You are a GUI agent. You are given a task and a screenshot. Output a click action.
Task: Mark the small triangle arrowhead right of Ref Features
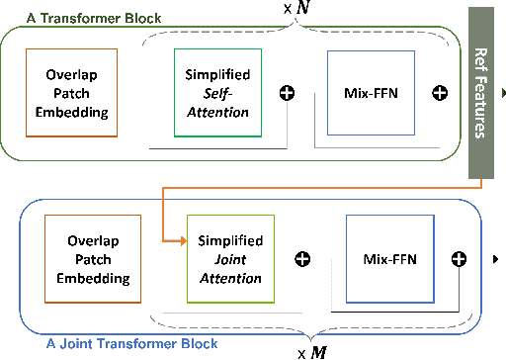504,92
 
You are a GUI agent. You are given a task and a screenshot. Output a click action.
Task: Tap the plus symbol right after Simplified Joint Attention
303,259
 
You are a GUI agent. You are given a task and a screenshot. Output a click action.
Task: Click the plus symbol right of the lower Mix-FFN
458,259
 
